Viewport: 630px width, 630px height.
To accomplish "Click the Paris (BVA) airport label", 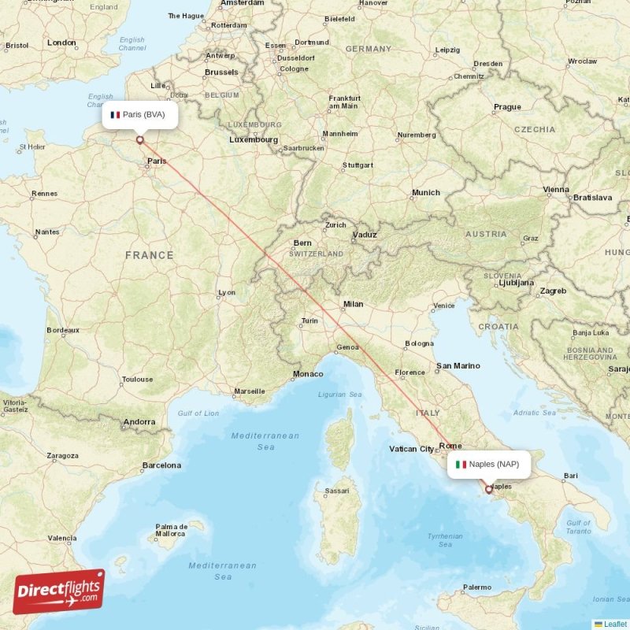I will click(139, 115).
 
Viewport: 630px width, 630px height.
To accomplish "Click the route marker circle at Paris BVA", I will click(140, 140).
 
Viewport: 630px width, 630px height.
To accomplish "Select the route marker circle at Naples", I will click(489, 489).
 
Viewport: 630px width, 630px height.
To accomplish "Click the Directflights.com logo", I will click(59, 591).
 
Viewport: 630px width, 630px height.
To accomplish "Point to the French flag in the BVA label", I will click(115, 115).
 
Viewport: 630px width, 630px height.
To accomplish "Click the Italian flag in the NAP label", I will click(461, 464).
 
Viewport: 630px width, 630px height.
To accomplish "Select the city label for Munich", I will click(425, 193).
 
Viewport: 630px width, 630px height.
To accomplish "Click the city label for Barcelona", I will click(161, 465).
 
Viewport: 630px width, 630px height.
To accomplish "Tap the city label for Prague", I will click(507, 107).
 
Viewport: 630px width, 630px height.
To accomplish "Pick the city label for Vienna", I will click(555, 190).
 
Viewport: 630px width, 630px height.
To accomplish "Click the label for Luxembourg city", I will click(253, 139).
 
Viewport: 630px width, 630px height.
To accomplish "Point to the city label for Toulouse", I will click(137, 380).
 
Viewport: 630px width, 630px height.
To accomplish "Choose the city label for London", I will click(61, 43).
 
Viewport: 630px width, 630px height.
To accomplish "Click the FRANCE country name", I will click(149, 255).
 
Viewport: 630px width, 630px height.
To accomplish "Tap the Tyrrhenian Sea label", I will click(445, 539).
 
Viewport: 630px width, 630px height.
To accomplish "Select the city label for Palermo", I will click(476, 587).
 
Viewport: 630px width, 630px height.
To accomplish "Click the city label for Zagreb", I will click(553, 291).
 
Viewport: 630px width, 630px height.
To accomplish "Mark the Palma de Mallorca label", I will click(171, 530).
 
